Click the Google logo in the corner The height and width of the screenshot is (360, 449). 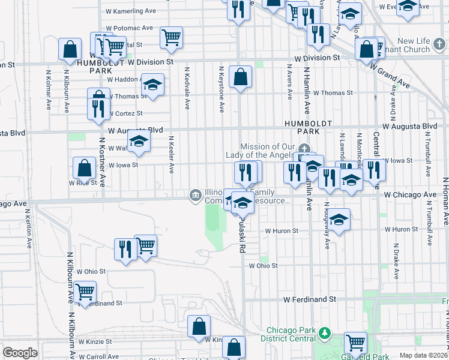[20, 353]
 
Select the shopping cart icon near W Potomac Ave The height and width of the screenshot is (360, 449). [172, 37]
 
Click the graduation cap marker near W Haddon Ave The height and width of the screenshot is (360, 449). [152, 84]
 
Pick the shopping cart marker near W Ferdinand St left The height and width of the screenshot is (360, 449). [85, 292]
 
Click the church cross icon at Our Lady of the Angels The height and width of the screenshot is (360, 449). [304, 149]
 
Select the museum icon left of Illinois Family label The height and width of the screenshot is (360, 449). [196, 194]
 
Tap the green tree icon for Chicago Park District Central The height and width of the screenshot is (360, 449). [324, 332]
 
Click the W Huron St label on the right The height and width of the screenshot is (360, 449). [401, 229]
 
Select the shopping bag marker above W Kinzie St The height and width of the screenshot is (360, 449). [199, 326]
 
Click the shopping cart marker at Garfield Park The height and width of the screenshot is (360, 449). [355, 343]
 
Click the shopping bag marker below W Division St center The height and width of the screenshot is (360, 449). [240, 76]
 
